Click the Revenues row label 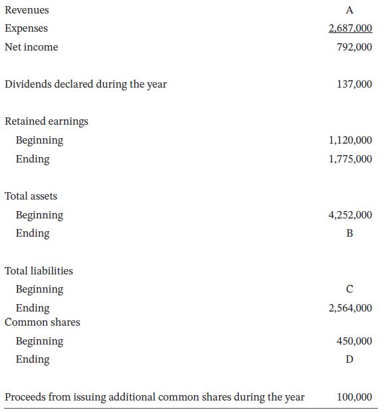click(x=26, y=10)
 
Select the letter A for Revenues click(x=349, y=10)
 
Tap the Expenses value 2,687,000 click(x=350, y=28)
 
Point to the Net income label click(x=31, y=47)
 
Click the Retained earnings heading click(x=47, y=121)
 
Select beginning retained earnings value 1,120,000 click(x=350, y=140)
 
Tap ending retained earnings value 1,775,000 click(x=350, y=159)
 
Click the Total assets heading click(x=31, y=196)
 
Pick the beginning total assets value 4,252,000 click(x=350, y=215)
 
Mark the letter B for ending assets click(x=349, y=233)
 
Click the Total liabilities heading click(x=39, y=270)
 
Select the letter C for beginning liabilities click(x=349, y=289)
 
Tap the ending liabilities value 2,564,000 click(x=350, y=308)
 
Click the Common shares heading click(x=43, y=322)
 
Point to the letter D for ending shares click(x=349, y=359)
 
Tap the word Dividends click(x=26, y=84)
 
